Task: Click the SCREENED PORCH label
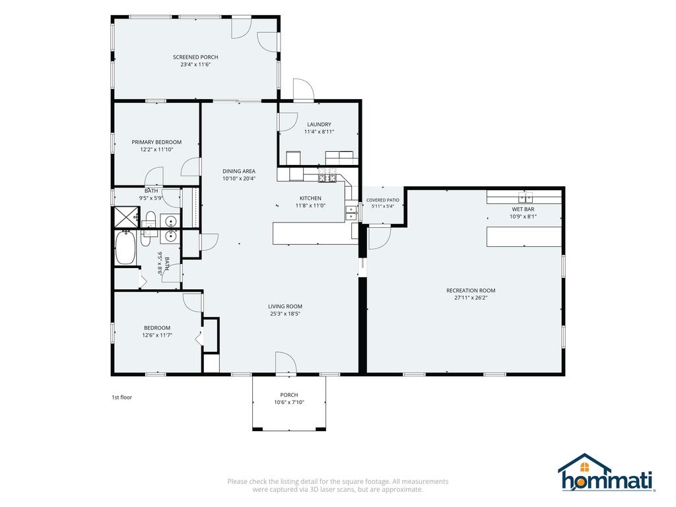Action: (195, 57)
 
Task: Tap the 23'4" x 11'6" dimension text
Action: (195, 65)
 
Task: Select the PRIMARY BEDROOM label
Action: (156, 142)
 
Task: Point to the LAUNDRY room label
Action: (319, 124)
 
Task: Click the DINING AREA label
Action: (239, 171)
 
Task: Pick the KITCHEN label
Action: (310, 198)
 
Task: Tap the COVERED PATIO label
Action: (383, 200)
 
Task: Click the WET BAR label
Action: (523, 209)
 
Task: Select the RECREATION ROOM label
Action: (471, 290)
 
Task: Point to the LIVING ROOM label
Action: (285, 306)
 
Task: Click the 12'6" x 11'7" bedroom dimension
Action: (157, 335)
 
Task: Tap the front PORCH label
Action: (289, 395)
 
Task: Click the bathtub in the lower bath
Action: (125, 247)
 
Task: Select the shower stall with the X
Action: (126, 217)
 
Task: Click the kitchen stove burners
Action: (327, 177)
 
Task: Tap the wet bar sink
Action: (525, 197)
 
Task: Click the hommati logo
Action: (607, 473)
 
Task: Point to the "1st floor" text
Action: (122, 397)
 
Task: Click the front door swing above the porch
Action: (286, 362)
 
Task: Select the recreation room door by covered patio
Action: (379, 238)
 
